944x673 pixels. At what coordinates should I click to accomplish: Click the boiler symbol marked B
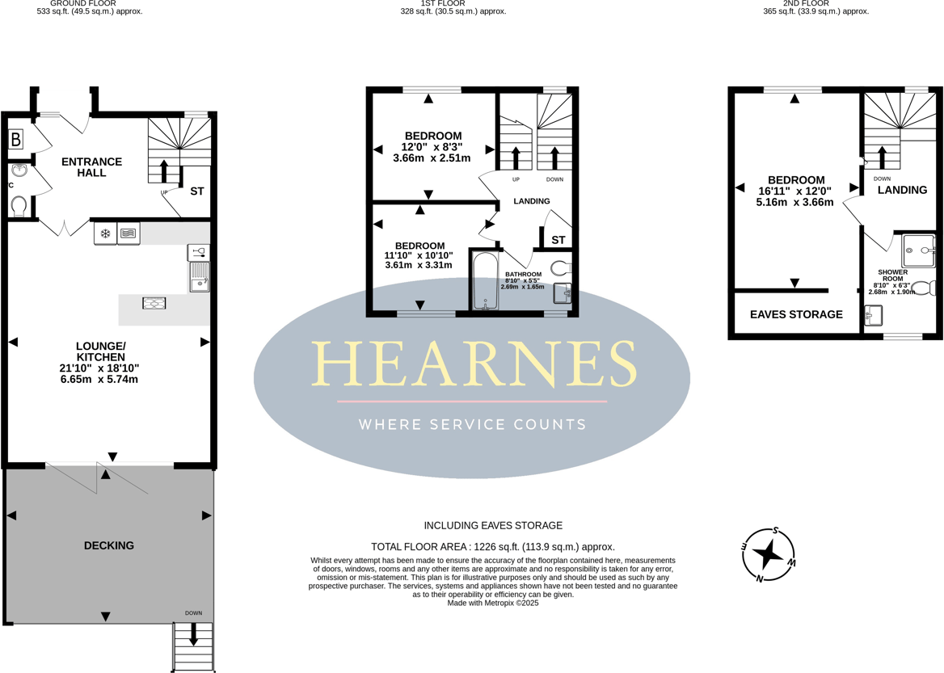(16, 140)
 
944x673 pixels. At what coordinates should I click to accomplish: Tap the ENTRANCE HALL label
(91, 167)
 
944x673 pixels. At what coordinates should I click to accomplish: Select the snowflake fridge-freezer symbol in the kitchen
(105, 234)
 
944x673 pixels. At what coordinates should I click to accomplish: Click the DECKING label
(109, 545)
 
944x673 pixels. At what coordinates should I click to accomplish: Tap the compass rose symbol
(769, 554)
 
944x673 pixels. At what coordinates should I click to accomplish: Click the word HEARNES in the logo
(473, 363)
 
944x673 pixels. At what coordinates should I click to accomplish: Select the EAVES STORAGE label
(796, 314)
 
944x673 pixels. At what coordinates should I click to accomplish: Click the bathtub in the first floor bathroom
(485, 281)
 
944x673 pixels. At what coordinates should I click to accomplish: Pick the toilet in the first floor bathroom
(561, 267)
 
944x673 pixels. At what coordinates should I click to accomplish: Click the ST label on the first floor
(558, 240)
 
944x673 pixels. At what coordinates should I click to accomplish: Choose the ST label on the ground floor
(197, 191)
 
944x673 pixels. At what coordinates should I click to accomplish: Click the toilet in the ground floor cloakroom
(19, 207)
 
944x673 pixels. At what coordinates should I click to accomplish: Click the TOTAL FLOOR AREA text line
(493, 546)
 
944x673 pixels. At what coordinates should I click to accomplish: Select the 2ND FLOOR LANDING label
(902, 190)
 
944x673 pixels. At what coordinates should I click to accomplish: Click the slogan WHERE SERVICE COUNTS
(472, 424)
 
